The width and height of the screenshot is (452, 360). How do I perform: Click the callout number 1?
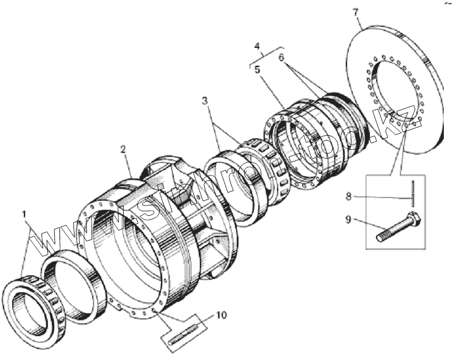pyautogui.click(x=24, y=214)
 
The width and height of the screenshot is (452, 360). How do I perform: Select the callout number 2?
pyautogui.click(x=124, y=149)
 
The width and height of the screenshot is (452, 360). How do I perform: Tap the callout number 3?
pyautogui.click(x=204, y=101)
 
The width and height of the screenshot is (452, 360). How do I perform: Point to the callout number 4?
pyautogui.click(x=257, y=46)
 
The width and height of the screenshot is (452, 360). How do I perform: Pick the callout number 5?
pyautogui.click(x=257, y=69)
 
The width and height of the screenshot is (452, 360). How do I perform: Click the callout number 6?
pyautogui.click(x=281, y=57)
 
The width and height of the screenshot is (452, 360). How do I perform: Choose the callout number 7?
pyautogui.click(x=355, y=13)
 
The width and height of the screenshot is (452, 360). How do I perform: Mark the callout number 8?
pyautogui.click(x=349, y=197)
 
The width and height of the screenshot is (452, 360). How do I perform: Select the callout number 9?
pyautogui.click(x=348, y=219)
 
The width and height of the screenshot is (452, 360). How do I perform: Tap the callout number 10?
pyautogui.click(x=222, y=314)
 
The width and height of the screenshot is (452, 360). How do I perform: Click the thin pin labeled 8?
pyautogui.click(x=413, y=193)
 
